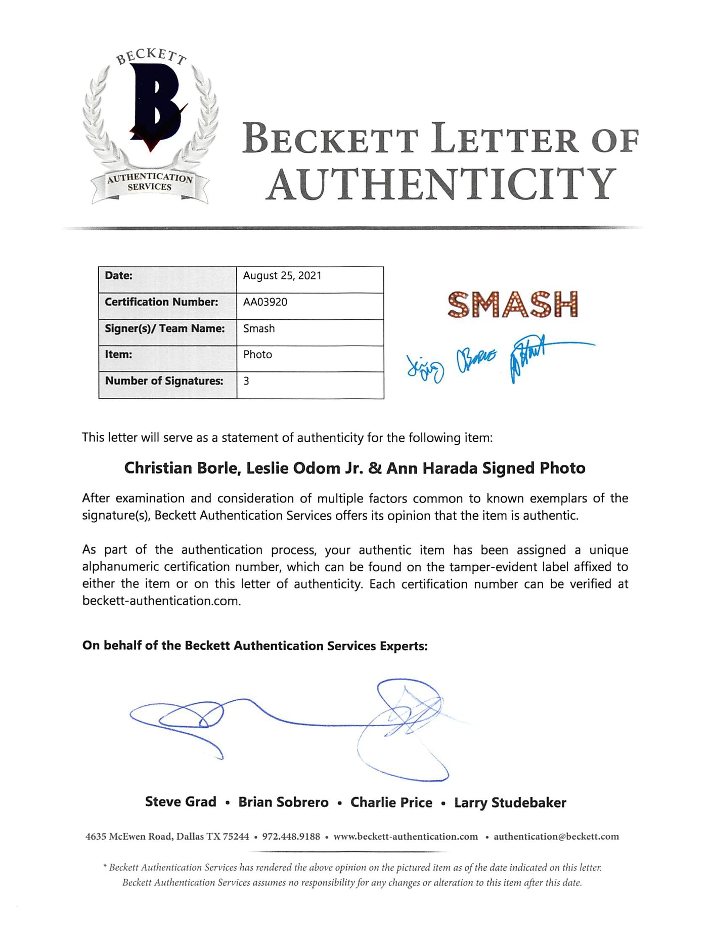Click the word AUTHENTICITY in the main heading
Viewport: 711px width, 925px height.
441,184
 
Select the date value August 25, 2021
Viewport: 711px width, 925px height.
282,276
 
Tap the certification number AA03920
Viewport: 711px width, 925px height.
265,302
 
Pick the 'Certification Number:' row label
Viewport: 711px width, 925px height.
161,302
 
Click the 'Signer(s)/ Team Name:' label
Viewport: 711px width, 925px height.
164,328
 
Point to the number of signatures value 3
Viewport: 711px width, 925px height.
246,381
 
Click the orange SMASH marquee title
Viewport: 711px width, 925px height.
512,304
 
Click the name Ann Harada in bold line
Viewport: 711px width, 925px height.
432,468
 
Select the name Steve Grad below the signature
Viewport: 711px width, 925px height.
181,802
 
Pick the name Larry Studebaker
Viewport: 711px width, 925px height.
510,803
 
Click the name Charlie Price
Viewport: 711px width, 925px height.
391,803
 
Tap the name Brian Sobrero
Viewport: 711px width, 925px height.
283,803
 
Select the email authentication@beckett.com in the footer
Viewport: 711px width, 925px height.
556,836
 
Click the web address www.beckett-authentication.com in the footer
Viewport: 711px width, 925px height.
406,836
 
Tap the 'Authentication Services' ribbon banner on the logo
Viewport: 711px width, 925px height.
150,182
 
